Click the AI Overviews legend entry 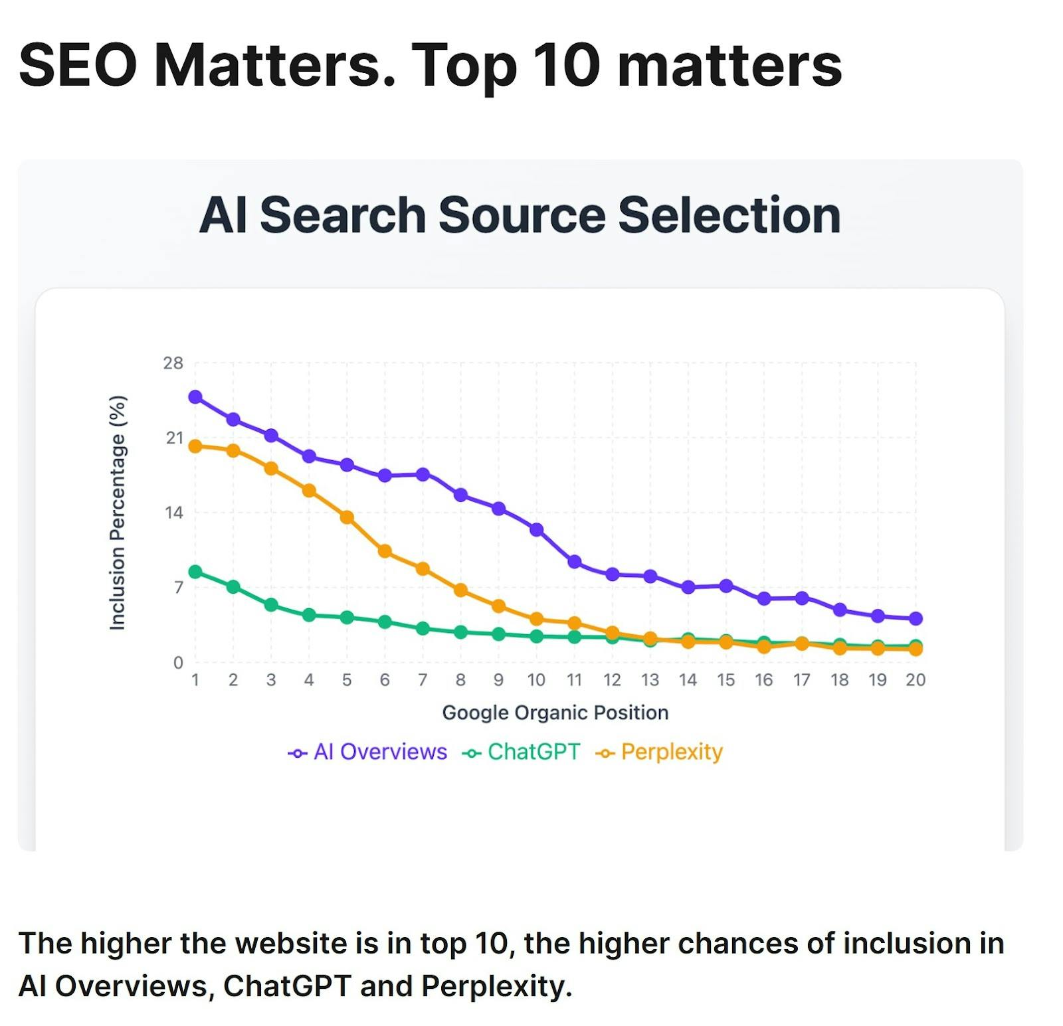click(x=368, y=752)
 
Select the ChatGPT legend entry click(x=522, y=752)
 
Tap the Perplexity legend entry click(x=660, y=752)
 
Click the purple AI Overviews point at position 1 click(x=195, y=397)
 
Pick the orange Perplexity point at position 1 click(x=195, y=446)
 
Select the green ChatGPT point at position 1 click(x=195, y=572)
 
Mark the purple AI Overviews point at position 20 click(x=916, y=618)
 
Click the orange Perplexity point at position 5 click(x=347, y=517)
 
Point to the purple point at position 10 click(x=537, y=529)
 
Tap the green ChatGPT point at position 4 click(x=309, y=615)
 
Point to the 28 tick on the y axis click(x=173, y=363)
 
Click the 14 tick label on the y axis click(x=174, y=513)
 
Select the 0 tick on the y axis click(x=178, y=662)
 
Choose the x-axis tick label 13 click(x=650, y=680)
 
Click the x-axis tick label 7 click(x=423, y=680)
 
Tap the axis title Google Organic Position click(x=555, y=713)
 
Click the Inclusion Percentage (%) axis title click(x=118, y=513)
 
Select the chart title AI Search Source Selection click(x=520, y=215)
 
